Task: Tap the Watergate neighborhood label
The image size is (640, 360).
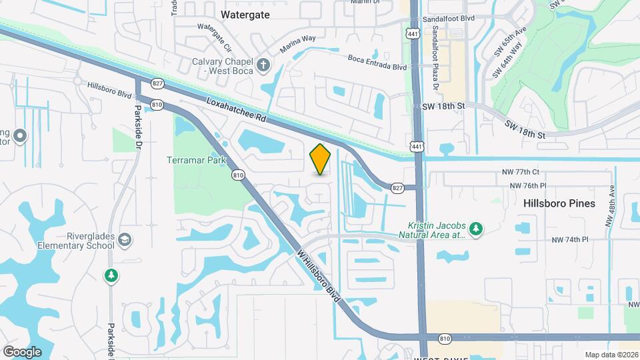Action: click(x=245, y=14)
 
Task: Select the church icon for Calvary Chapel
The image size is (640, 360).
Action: click(x=264, y=65)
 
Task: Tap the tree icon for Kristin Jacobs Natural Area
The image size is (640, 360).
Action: click(x=475, y=229)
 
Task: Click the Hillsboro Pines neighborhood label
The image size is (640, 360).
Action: click(x=559, y=203)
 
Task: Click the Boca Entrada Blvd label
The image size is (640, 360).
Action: click(x=377, y=63)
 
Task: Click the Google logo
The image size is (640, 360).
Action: click(x=22, y=351)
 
